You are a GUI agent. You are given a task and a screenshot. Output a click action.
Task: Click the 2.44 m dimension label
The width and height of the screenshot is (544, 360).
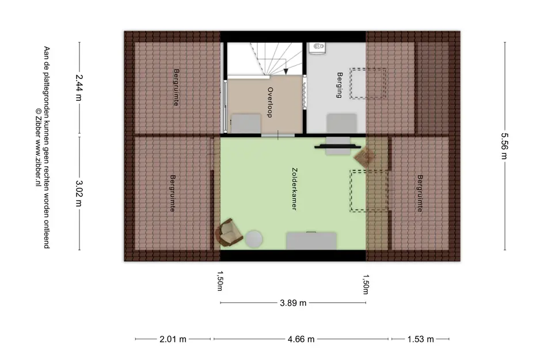(x=79, y=88)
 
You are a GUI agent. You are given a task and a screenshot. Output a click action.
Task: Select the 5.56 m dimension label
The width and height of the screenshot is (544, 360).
(x=505, y=146)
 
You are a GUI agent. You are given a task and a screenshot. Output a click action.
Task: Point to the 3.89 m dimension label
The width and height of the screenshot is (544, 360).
(x=293, y=303)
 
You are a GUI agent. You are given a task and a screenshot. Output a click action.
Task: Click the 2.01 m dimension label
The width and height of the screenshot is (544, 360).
(x=173, y=339)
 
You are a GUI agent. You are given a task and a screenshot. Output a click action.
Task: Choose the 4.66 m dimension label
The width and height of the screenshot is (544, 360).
(x=301, y=339)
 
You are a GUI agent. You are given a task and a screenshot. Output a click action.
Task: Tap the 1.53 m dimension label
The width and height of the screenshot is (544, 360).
(x=420, y=339)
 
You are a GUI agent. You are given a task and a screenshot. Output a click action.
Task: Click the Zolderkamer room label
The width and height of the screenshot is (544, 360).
(x=295, y=189)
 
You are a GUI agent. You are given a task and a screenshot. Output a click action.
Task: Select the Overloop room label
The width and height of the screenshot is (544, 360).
(x=270, y=103)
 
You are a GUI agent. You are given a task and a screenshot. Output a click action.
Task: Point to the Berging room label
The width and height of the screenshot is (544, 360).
(x=339, y=85)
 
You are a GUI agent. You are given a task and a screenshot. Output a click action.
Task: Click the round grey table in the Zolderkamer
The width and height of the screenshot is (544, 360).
(x=254, y=239)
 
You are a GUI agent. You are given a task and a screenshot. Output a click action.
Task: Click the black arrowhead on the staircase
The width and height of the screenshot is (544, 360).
(x=286, y=71)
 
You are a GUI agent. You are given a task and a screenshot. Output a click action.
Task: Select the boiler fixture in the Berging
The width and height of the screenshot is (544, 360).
(x=317, y=48)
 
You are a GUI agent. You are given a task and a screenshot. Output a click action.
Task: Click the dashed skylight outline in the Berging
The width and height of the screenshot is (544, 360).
(x=368, y=84)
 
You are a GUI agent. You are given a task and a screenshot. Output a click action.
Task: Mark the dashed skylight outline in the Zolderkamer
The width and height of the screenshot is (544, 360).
(x=369, y=191)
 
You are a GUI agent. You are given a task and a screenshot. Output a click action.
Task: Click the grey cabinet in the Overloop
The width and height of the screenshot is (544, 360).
(x=246, y=123)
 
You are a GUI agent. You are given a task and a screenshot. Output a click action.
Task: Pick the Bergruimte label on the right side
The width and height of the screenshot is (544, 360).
(x=420, y=194)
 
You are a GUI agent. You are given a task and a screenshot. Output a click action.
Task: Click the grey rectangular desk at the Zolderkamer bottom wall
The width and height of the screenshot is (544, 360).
(x=311, y=241)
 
